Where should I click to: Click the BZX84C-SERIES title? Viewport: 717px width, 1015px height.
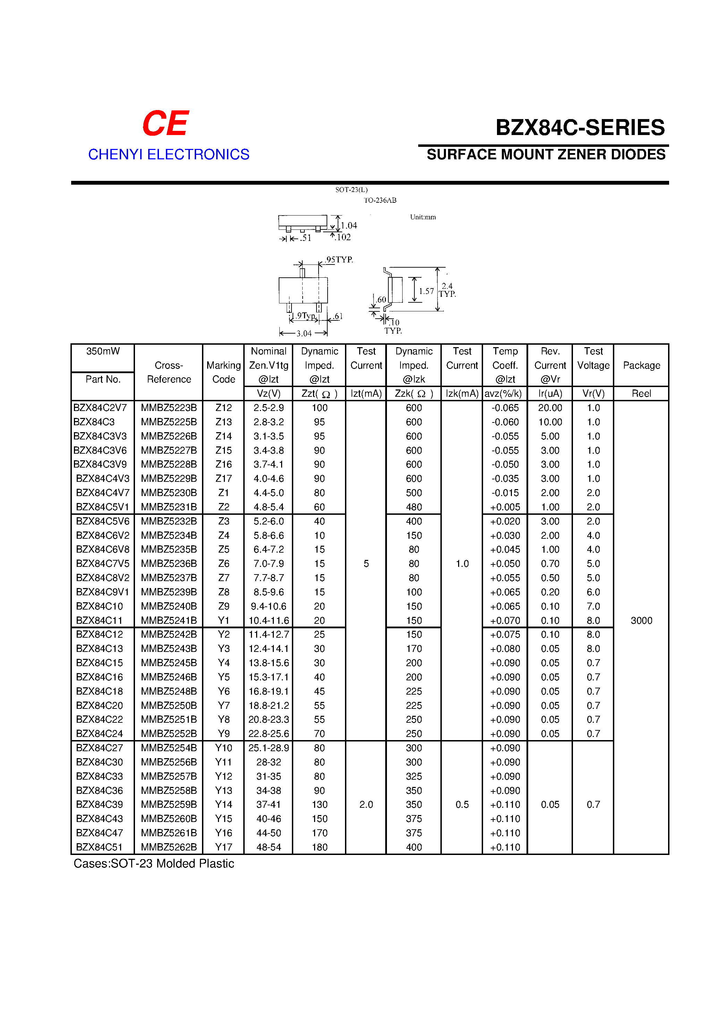coord(580,128)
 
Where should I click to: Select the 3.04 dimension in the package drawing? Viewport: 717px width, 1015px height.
coord(304,333)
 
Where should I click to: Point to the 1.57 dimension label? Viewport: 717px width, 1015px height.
coord(426,291)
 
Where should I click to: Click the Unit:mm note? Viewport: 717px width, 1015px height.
coord(423,217)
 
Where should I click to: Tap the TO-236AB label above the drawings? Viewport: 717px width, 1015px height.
coord(380,200)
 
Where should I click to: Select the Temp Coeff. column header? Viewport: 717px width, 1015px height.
coord(505,365)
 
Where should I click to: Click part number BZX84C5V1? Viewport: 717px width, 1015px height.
coord(103,507)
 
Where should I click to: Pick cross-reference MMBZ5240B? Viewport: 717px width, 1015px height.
coord(169,606)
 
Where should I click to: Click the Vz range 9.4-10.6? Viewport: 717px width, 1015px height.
coord(268,606)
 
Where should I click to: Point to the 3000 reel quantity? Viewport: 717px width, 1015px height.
coord(641,620)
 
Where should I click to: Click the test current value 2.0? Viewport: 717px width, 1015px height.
coord(366,805)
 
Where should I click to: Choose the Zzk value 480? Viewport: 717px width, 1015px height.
coord(414,507)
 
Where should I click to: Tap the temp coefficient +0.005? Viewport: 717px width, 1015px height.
coord(505,507)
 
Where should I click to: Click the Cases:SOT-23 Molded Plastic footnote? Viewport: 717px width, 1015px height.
coord(153,863)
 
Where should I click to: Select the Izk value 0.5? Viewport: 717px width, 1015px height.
coord(462,805)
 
